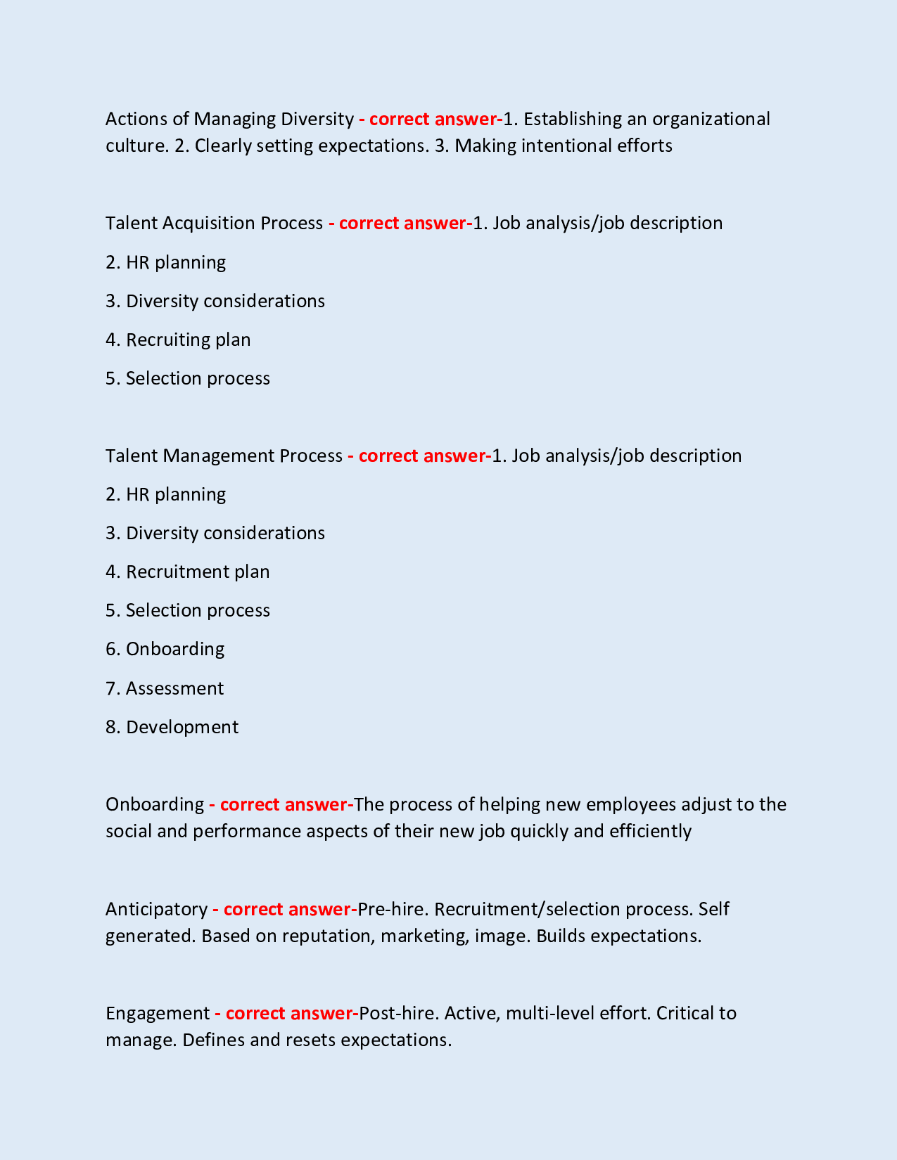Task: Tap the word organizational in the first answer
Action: pos(711,119)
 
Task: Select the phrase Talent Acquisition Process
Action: pos(214,223)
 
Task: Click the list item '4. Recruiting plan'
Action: pos(178,340)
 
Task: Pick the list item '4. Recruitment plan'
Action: pos(187,572)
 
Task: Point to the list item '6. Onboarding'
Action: pos(165,649)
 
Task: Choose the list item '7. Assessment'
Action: pos(165,688)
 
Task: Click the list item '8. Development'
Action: pos(172,727)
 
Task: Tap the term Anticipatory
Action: pos(156,909)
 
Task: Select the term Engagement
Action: pos(158,1013)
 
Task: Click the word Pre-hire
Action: pos(391,909)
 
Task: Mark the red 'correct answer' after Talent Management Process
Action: pos(421,456)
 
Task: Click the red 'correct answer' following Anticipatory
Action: pos(286,909)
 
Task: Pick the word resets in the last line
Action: pos(310,1040)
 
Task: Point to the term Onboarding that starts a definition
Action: pos(154,804)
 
